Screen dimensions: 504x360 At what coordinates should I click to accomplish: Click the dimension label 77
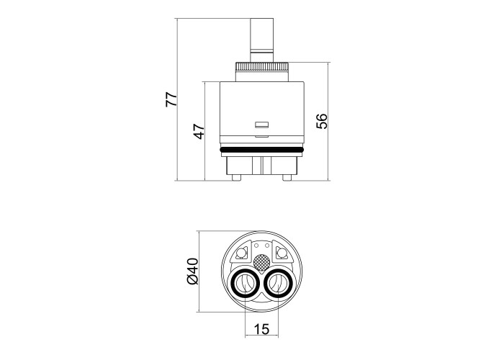coord(171,99)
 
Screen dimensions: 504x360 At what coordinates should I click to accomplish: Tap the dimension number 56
coord(321,121)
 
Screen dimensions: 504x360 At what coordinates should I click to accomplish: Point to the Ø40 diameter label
coord(193,271)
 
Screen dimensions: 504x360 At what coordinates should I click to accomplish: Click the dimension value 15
coord(261,329)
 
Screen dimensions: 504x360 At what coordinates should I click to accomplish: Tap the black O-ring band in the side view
coord(262,150)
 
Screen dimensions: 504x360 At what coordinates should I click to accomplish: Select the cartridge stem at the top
coord(262,40)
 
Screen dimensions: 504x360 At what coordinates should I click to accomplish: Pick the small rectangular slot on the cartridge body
coord(262,125)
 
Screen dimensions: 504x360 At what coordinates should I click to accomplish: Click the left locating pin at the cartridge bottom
coord(236,177)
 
